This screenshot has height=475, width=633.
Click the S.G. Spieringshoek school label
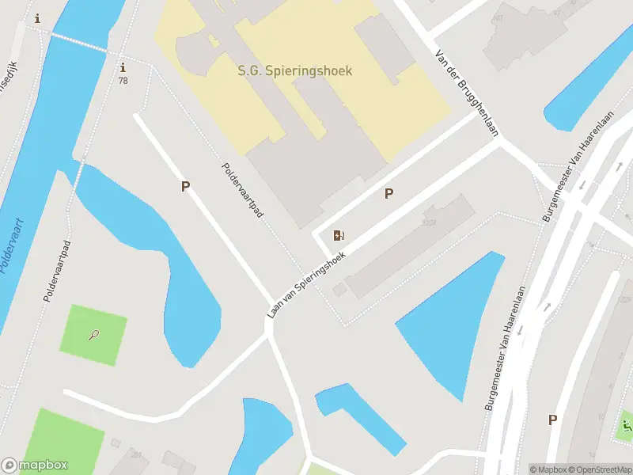(x=295, y=70)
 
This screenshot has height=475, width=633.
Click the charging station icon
(x=339, y=235)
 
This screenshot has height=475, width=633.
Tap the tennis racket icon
(x=94, y=335)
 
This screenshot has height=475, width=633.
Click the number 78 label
(x=123, y=81)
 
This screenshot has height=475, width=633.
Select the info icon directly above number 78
(x=123, y=68)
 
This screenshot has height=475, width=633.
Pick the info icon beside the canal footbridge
(x=37, y=18)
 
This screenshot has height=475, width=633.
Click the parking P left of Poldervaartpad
(x=186, y=187)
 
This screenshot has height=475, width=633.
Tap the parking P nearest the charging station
(x=389, y=193)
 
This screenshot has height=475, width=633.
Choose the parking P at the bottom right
(x=552, y=420)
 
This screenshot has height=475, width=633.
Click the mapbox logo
(x=35, y=465)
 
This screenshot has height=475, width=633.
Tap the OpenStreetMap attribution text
(x=599, y=469)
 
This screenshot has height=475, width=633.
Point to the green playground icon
(x=627, y=428)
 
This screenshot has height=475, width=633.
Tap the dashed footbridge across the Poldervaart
(x=78, y=41)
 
